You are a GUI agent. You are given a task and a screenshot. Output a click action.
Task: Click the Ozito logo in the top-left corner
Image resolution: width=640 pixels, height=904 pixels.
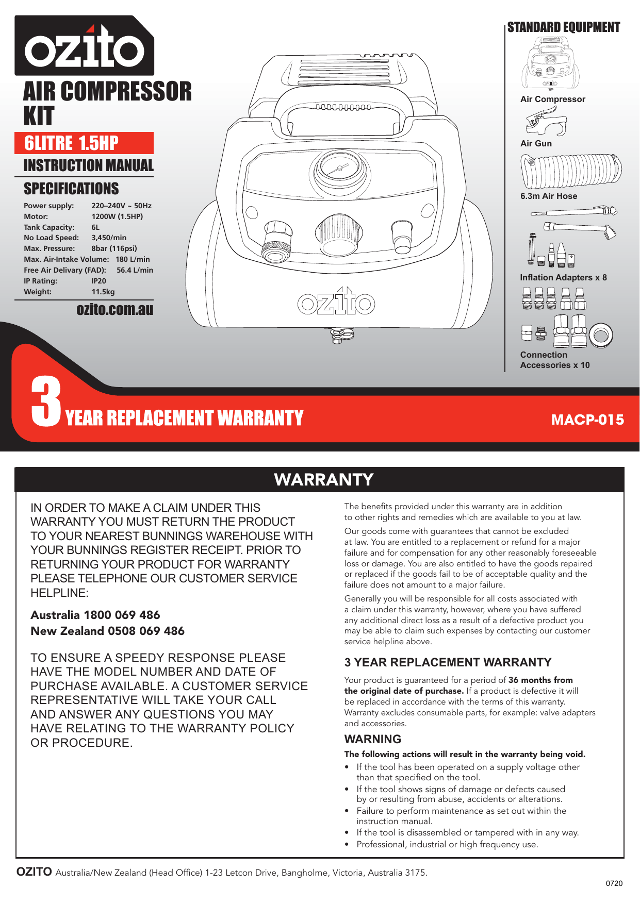(84, 46)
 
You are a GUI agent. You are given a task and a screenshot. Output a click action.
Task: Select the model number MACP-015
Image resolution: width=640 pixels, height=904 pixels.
(587, 420)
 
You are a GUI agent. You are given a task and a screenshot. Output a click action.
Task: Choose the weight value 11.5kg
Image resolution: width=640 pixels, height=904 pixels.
(103, 292)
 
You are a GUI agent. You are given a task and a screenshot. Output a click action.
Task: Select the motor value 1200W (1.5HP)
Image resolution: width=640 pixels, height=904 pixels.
(117, 216)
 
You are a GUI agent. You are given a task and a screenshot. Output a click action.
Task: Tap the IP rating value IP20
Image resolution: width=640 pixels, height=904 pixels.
(99, 281)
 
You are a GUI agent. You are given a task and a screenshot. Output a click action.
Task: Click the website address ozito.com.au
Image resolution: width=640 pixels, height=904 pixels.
(114, 309)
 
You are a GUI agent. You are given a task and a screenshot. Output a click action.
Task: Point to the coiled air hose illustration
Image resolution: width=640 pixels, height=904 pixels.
(571, 171)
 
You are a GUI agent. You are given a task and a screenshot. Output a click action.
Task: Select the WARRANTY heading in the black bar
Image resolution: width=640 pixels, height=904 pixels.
(323, 479)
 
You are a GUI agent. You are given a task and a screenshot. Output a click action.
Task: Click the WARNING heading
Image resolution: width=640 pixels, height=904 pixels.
(372, 739)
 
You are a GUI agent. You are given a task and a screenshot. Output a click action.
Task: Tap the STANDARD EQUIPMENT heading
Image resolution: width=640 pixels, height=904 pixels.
(563, 27)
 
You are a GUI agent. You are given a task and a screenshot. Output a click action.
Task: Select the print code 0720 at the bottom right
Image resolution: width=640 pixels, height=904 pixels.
(614, 883)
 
